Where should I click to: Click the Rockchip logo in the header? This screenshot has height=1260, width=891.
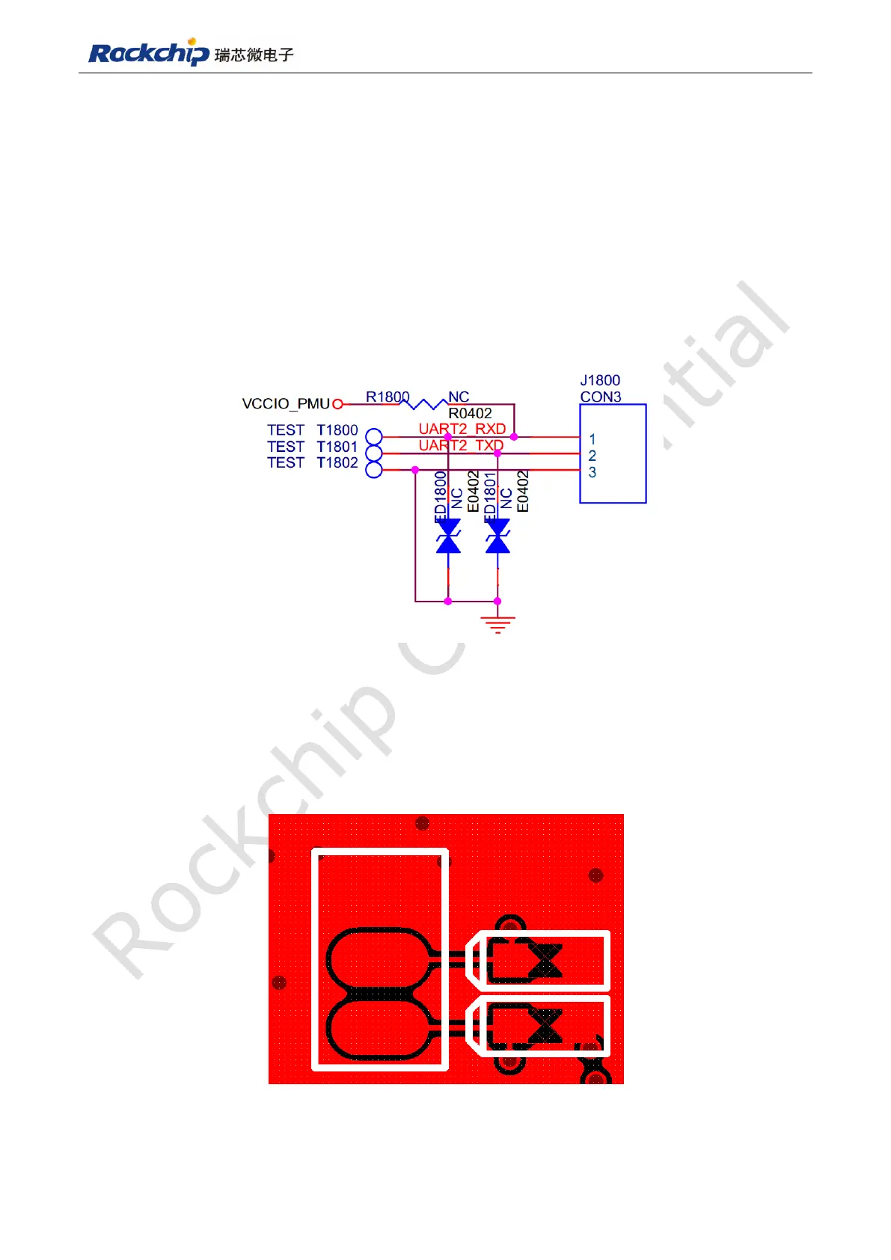coord(148,53)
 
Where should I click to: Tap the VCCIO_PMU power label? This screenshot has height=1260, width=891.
coord(285,404)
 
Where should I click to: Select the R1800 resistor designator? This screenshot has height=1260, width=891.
coord(387,397)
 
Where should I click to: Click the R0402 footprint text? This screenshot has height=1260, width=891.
coord(470,413)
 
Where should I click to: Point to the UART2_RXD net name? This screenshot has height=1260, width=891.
coord(462,429)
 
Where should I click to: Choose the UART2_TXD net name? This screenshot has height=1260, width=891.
coord(460,445)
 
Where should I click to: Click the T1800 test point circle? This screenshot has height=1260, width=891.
coord(374,437)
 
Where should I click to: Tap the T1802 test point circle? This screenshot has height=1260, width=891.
coord(374,470)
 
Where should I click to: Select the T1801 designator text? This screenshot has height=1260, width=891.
coord(337,447)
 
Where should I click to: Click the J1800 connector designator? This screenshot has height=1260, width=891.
coord(600,380)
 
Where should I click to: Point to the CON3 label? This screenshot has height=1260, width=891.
coord(600,397)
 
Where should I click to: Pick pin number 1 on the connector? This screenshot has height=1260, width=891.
coord(593,439)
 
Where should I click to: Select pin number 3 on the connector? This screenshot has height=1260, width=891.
coord(593,472)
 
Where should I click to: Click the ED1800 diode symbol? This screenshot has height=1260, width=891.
coord(448,536)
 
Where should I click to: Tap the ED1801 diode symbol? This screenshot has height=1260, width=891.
coord(497,536)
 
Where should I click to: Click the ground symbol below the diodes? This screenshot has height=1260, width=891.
coord(497,624)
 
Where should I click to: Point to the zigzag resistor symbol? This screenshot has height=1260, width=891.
coord(424,404)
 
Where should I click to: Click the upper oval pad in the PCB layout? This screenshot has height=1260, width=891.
coord(379,959)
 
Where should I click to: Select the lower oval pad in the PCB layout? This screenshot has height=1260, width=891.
coord(379,1030)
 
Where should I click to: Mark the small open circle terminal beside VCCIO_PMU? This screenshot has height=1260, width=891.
coord(337,404)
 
